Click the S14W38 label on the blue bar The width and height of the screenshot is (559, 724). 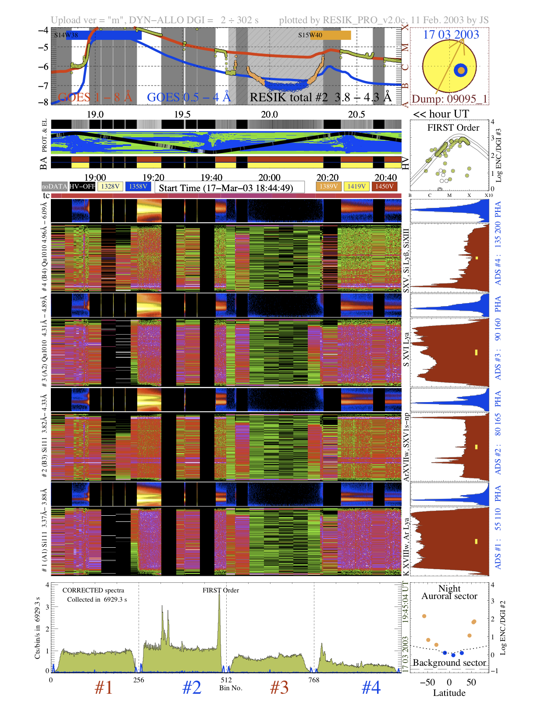point(66,35)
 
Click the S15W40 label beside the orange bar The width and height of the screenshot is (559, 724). point(310,35)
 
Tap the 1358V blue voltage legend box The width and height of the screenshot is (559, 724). point(138,186)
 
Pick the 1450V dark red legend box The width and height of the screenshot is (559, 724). point(384,186)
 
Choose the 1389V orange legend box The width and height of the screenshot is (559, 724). point(328,186)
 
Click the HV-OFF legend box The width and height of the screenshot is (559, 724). point(82,186)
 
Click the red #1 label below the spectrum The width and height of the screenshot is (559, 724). point(104,688)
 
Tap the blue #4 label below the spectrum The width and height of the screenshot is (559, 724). point(371,688)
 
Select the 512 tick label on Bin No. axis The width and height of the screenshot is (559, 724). point(226,680)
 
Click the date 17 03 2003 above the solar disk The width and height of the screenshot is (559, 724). point(451,35)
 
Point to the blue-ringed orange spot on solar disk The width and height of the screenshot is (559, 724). point(460,70)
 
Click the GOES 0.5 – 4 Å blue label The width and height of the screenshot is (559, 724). point(189,97)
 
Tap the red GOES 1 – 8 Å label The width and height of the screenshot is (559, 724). point(95,97)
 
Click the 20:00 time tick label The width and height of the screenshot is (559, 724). point(269,178)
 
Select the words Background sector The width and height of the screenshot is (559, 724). point(449,663)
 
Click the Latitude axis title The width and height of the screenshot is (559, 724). point(449,693)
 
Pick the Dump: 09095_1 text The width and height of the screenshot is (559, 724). point(449,99)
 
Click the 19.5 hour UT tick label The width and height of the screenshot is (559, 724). point(182,114)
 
